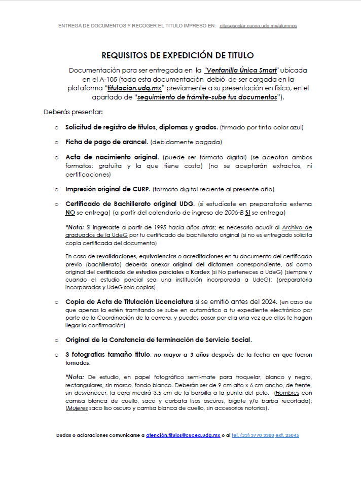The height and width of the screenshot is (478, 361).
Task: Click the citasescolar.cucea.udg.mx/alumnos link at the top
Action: [x=259, y=25]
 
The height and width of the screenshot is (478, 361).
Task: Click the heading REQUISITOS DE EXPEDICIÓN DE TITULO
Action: [x=177, y=55]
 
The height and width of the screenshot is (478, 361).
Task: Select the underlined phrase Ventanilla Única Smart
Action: [x=241, y=70]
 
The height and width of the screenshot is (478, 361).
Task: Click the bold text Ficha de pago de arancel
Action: [x=107, y=142]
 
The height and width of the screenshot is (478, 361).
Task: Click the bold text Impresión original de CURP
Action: [x=108, y=189]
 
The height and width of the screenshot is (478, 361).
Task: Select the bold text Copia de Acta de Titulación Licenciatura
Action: [x=130, y=302]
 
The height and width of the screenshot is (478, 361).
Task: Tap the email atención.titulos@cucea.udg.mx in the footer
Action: [x=183, y=435]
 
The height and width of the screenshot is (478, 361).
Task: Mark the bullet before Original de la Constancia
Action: [x=56, y=339]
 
